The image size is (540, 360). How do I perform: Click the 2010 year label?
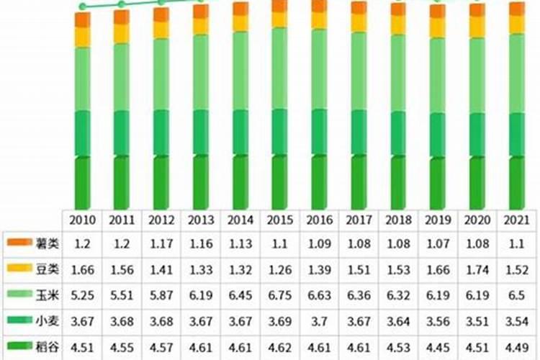pos(83,220)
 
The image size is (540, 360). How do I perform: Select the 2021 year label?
pos(516,220)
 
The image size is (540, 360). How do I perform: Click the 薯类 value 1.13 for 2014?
pos(240,244)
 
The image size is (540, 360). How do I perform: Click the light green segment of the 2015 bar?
pos(279,68)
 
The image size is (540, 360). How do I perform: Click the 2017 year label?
pos(358,220)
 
